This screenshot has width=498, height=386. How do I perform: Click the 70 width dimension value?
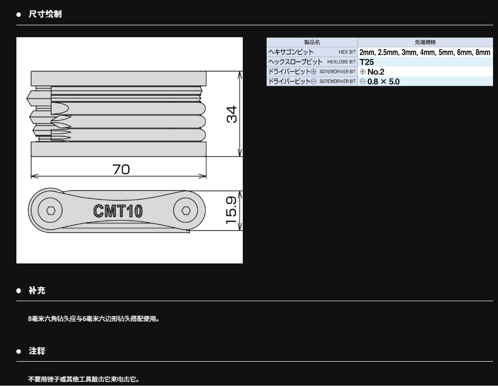click(x=121, y=169)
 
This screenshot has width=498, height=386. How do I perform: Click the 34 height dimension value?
click(x=232, y=114)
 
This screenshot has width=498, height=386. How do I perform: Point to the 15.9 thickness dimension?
click(x=231, y=210)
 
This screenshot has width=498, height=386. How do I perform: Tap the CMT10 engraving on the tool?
click(x=118, y=211)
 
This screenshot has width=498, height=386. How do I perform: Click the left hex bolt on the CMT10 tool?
click(x=50, y=210)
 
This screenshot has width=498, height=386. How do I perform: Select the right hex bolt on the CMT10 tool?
click(x=186, y=210)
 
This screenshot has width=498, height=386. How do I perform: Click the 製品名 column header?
click(x=312, y=42)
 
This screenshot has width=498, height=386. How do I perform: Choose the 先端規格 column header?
click(x=426, y=42)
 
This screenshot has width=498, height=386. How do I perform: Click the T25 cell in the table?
click(x=367, y=62)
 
